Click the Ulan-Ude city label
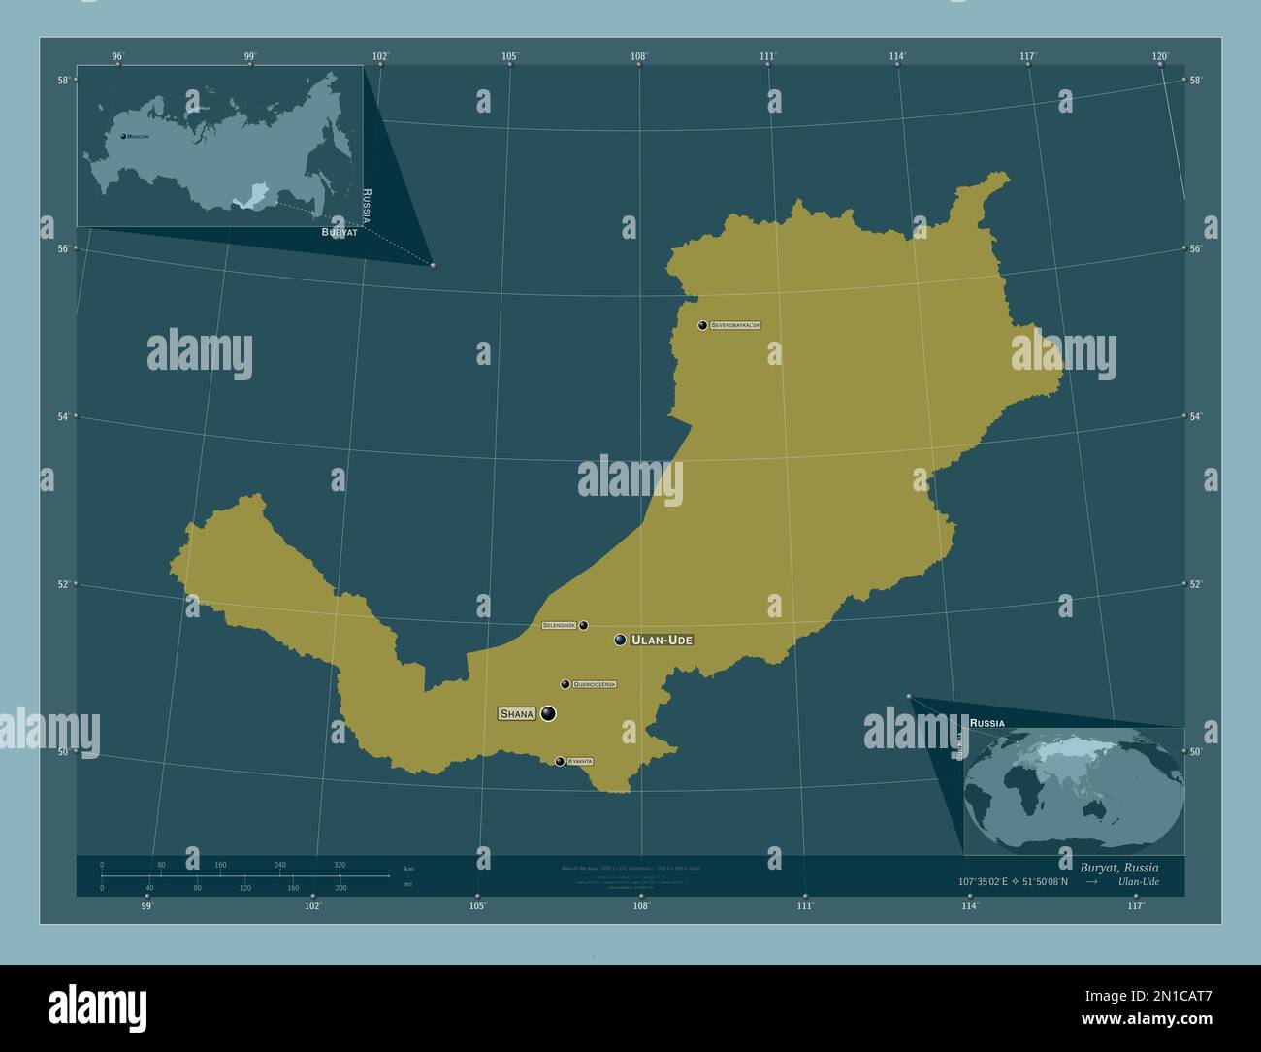click(x=663, y=641)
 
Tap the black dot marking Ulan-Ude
click(x=620, y=640)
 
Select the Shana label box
click(x=516, y=714)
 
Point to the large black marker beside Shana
click(x=549, y=714)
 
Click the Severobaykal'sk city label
click(x=735, y=325)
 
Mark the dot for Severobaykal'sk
click(x=702, y=325)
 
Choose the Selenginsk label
click(x=560, y=626)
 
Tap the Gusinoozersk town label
click(x=595, y=684)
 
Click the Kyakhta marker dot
click(x=560, y=761)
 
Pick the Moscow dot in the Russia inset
click(x=123, y=137)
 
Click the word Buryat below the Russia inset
click(x=339, y=234)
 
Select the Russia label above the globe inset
click(x=986, y=724)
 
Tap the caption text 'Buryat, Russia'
click(x=1118, y=867)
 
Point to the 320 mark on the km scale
click(x=339, y=865)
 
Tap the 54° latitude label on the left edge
click(x=63, y=416)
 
